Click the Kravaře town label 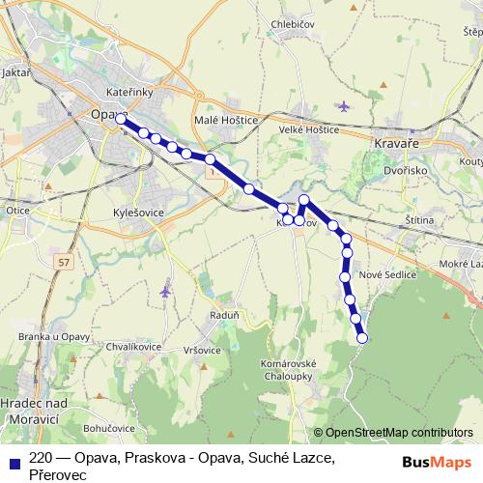tap(393, 141)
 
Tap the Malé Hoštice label tap(226, 120)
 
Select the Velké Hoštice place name tap(309, 129)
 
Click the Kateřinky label tap(128, 92)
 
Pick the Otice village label tap(17, 210)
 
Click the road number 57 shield tap(64, 262)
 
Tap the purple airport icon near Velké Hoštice tap(345, 105)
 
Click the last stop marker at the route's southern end tap(363, 338)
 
